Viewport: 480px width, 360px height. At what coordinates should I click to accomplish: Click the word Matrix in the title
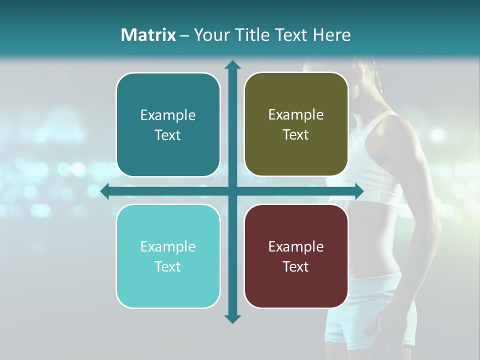tap(148, 35)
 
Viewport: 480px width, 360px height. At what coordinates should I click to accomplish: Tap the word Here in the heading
tap(331, 35)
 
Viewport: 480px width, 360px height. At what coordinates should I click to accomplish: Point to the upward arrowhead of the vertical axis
tap(232, 65)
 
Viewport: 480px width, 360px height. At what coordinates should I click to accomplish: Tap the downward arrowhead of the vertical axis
tap(232, 318)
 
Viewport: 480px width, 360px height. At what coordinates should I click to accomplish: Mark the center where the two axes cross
tap(232, 191)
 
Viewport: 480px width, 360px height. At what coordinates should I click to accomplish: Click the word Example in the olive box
tap(296, 115)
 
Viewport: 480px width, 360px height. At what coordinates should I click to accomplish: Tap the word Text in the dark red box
tap(296, 266)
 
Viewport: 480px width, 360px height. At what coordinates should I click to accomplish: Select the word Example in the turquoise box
tap(168, 246)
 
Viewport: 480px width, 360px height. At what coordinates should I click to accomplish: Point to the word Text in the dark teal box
tap(168, 135)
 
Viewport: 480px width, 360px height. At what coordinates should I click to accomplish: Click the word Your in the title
tap(210, 35)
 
